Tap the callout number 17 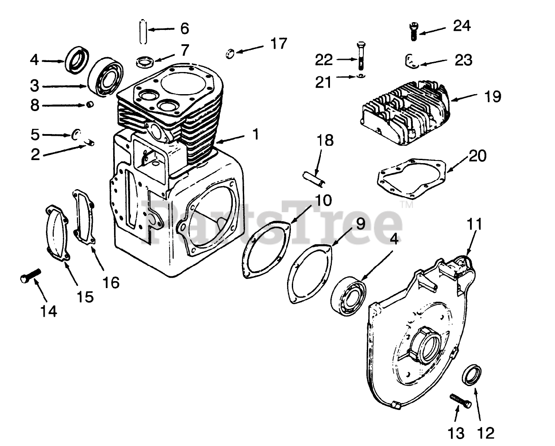[x=278, y=44]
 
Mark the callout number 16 [x=111, y=283]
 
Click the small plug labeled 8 [x=90, y=105]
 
